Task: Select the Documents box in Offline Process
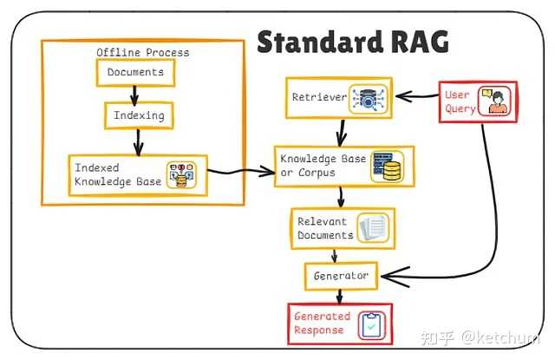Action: click(135, 73)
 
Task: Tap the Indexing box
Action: click(135, 115)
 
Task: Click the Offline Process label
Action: click(142, 52)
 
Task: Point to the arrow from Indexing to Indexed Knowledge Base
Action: click(135, 139)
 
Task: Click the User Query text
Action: click(459, 101)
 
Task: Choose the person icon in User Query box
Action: click(496, 101)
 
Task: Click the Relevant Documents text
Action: click(325, 228)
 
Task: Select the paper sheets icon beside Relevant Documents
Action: click(374, 229)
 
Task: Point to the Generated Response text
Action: click(322, 323)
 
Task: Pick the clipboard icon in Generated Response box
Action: click(371, 324)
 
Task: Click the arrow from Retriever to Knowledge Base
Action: click(342, 131)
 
